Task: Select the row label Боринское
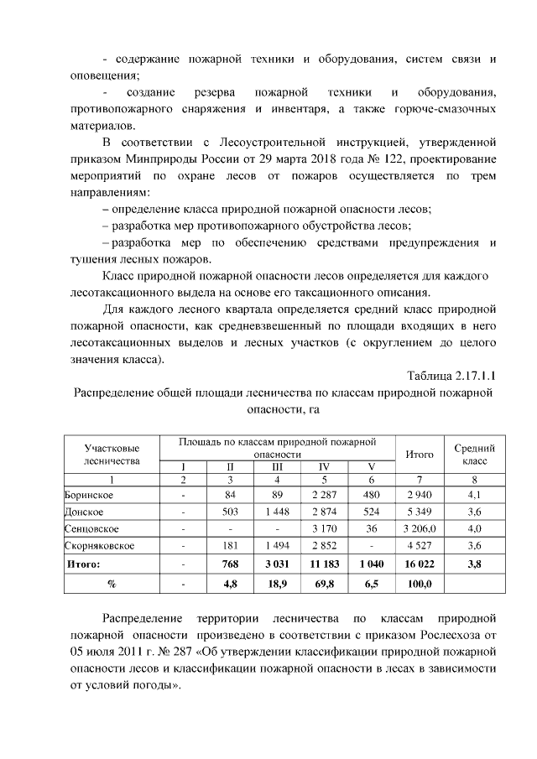(x=90, y=495)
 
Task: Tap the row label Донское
(x=85, y=512)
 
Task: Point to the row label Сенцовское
(x=91, y=529)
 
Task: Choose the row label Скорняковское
(x=99, y=547)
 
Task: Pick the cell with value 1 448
(x=278, y=512)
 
